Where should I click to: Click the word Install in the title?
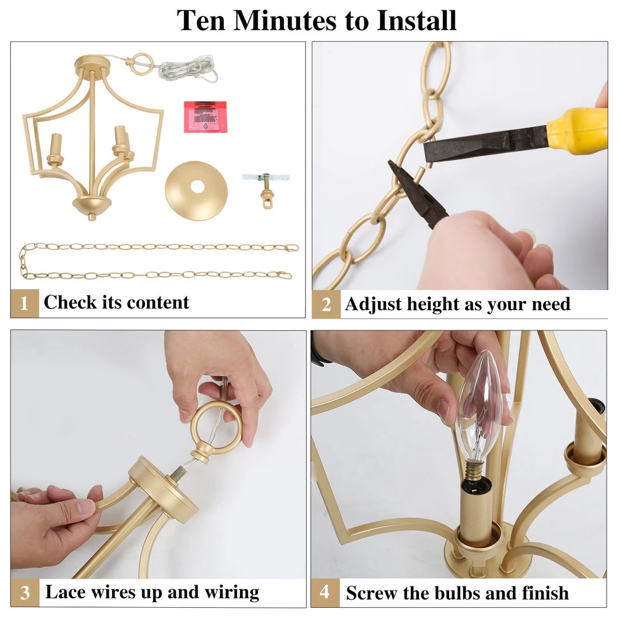click(417, 20)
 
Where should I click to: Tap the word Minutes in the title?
click(286, 20)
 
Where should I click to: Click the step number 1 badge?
click(25, 303)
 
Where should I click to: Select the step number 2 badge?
click(326, 304)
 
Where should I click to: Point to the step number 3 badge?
click(25, 592)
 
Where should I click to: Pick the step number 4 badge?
click(325, 592)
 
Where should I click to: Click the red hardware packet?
click(205, 117)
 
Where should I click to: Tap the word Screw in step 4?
click(371, 593)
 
